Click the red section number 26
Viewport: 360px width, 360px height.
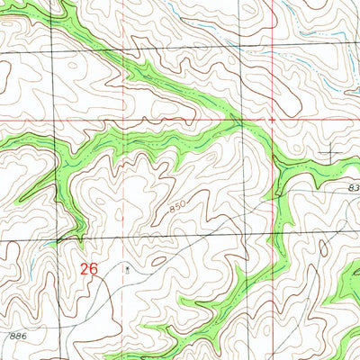click(88, 268)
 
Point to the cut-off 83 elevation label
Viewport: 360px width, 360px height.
click(352, 186)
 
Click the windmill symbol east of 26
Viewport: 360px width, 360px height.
click(127, 267)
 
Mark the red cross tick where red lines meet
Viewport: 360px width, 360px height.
click(270, 119)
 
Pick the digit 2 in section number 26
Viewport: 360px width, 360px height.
click(84, 268)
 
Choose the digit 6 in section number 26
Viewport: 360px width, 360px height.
click(93, 268)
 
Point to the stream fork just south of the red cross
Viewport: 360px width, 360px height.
click(270, 135)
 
